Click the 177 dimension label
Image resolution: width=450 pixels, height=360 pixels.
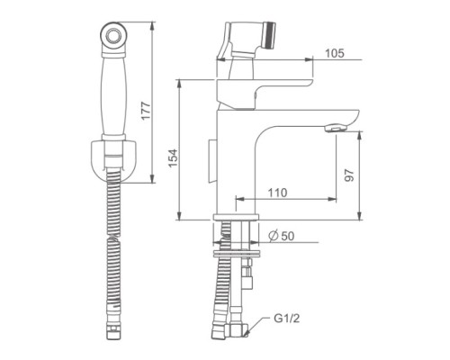(x=146, y=112)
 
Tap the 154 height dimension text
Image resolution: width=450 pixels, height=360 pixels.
(x=173, y=158)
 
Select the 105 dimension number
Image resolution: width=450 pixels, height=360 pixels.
(x=335, y=53)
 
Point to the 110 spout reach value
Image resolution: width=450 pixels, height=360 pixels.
(x=277, y=193)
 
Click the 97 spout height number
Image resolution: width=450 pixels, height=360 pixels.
(x=349, y=175)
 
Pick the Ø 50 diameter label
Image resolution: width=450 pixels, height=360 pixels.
(x=282, y=236)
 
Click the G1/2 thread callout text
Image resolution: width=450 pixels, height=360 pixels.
(x=287, y=319)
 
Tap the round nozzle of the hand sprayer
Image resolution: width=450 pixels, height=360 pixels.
(x=113, y=34)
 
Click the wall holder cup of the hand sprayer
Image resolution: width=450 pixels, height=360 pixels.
(x=113, y=160)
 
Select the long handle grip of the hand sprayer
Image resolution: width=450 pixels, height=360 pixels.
(x=113, y=96)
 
